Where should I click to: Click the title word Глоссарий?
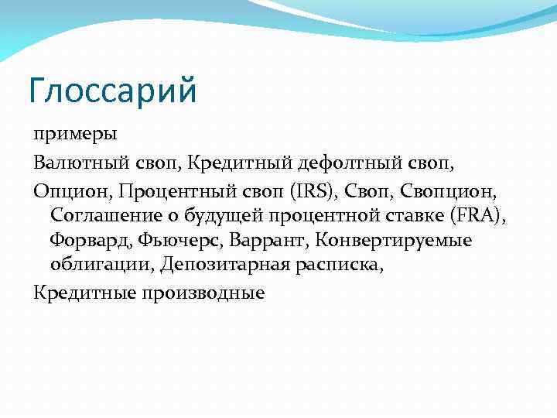pyautogui.click(x=113, y=91)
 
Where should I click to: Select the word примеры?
pyautogui.click(x=74, y=135)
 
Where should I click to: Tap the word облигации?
pyautogui.click(x=103, y=266)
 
